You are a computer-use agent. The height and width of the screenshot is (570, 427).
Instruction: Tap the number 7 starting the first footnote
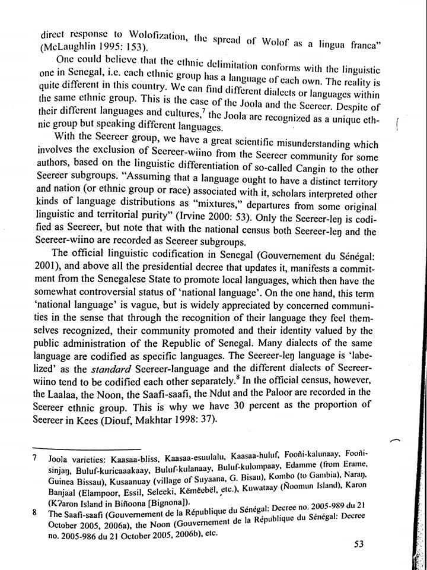[36, 459]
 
